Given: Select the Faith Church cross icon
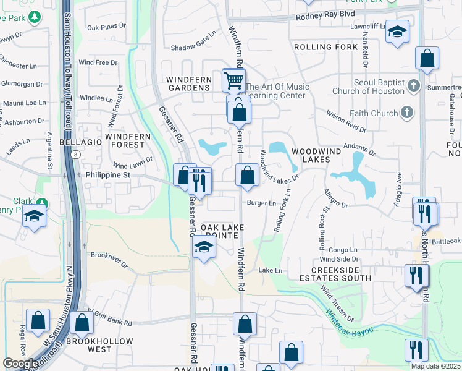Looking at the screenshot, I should [x=406, y=112].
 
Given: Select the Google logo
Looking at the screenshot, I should [x=20, y=364].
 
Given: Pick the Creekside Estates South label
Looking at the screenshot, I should [x=341, y=274].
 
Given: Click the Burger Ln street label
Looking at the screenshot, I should [x=261, y=203].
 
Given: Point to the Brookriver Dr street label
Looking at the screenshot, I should [x=108, y=259].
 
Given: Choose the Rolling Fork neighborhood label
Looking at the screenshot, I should [x=321, y=47].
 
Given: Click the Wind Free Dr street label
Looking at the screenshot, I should [x=98, y=62].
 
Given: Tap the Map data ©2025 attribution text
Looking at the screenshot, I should [x=436, y=366].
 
